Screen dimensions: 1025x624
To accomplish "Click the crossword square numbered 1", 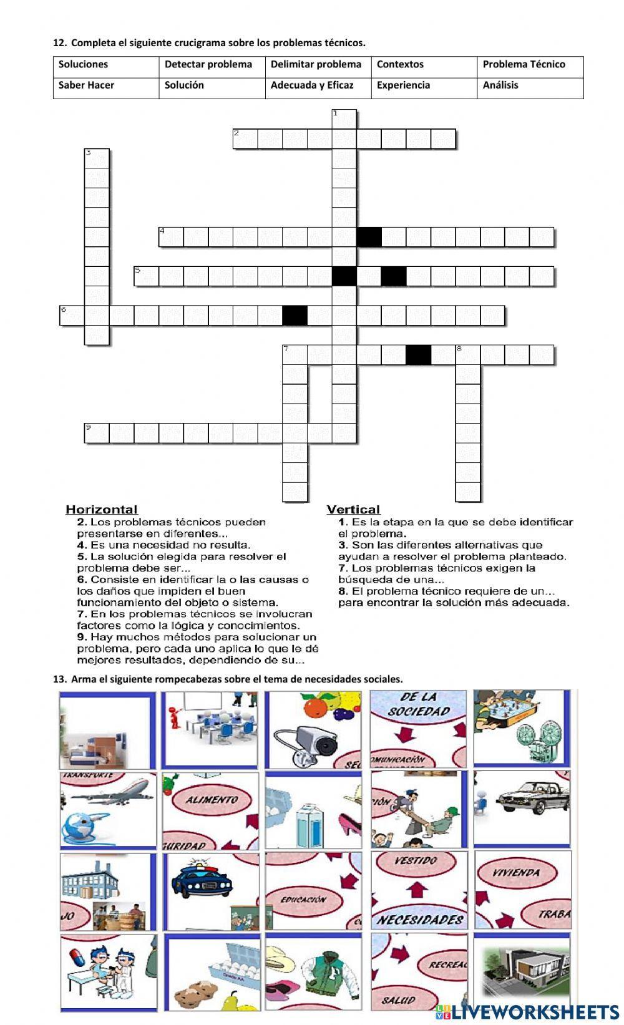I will (344, 119).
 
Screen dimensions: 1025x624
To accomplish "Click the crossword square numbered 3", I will (97, 158).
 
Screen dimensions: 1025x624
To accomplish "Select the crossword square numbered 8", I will (467, 354).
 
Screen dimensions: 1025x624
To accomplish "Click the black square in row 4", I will (369, 237).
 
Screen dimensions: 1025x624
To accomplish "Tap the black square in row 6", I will (295, 315).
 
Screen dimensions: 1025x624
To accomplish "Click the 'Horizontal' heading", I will (102, 510).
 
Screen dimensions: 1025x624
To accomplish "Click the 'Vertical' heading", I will (353, 510).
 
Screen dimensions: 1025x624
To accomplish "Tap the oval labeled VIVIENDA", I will (515, 873).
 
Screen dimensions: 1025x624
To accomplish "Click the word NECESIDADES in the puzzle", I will (419, 920).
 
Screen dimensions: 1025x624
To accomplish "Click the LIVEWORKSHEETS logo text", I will (535, 1012).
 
